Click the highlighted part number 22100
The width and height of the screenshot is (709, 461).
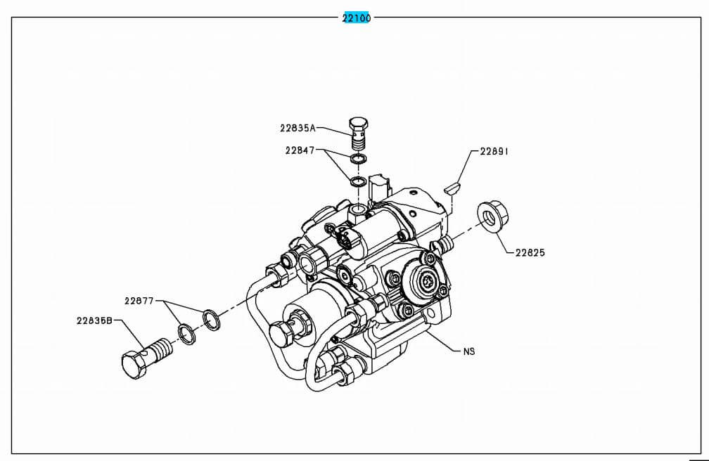click(356, 18)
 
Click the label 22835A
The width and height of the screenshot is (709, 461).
click(298, 128)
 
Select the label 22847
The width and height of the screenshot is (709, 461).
click(300, 150)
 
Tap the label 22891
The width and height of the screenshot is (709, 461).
click(494, 151)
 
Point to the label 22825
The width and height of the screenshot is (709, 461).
click(530, 252)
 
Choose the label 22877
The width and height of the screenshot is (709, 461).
click(139, 301)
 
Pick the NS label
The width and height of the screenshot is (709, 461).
click(469, 351)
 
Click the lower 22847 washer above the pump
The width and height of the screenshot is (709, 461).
click(358, 183)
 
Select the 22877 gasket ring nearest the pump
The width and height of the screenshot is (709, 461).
click(210, 319)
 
